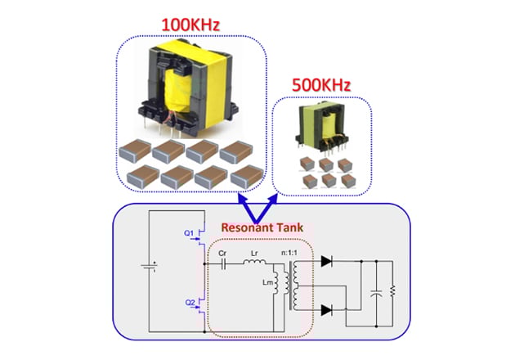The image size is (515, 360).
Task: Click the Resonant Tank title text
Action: [260, 226]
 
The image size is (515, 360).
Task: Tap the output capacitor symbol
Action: [375, 290]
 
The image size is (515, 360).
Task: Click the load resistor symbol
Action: [393, 290]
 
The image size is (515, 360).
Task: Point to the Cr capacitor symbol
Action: [223, 265]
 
